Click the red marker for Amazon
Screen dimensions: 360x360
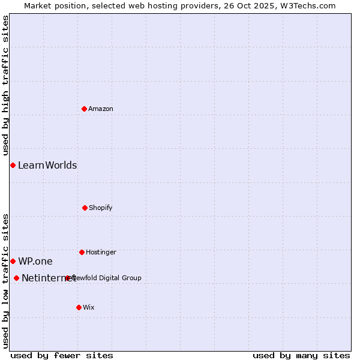pyautogui.click(x=84, y=109)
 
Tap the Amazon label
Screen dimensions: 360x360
pyautogui.click(x=101, y=109)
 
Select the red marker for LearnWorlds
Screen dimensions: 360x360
pyautogui.click(x=13, y=165)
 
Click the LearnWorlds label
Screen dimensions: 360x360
pyautogui.click(x=47, y=165)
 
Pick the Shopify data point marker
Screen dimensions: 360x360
pyautogui.click(x=85, y=208)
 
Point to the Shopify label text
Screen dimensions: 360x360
pyautogui.click(x=101, y=208)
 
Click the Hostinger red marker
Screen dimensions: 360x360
pyautogui.click(x=82, y=252)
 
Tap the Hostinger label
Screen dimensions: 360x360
pyautogui.click(x=101, y=252)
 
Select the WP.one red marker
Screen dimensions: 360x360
pyautogui.click(x=13, y=261)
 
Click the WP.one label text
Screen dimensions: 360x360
pyautogui.click(x=35, y=261)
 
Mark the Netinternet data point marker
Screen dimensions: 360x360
pyautogui.click(x=16, y=278)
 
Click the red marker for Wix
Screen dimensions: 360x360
pyautogui.click(x=79, y=307)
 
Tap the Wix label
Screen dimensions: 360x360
pyautogui.click(x=89, y=307)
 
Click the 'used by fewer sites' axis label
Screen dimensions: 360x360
pyautogui.click(x=62, y=355)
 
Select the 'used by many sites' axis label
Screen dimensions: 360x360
pyautogui.click(x=301, y=355)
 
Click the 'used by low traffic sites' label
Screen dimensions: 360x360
pyautogui.click(x=5, y=280)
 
